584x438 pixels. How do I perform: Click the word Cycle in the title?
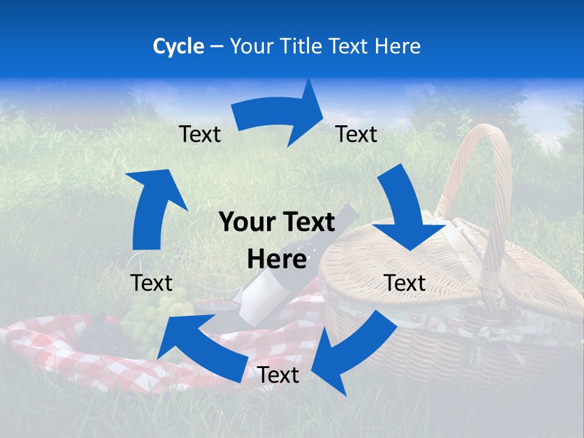tap(178, 46)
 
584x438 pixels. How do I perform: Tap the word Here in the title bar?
tap(398, 46)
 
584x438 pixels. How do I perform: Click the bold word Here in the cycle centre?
tap(277, 260)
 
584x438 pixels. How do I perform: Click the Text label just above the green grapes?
tap(151, 283)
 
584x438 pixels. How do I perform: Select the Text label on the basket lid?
tap(405, 283)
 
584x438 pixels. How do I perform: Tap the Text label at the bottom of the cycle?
tap(278, 375)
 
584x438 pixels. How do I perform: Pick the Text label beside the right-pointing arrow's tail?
tap(200, 134)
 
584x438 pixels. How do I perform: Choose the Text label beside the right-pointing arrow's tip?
tap(356, 134)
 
